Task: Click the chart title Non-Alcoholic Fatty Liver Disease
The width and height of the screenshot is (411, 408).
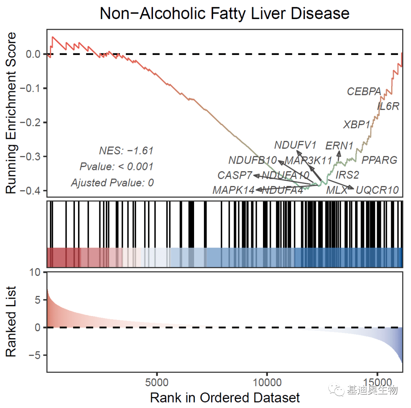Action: tap(225, 14)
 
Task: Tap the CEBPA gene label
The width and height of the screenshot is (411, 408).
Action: tap(364, 92)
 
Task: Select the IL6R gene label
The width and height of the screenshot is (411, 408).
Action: tap(388, 106)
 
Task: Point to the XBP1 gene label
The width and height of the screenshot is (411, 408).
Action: tap(357, 125)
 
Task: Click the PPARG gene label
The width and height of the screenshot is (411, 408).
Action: tap(379, 160)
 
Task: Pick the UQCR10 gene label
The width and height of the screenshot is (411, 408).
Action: tap(377, 190)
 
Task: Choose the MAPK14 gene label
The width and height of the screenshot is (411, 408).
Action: tap(233, 190)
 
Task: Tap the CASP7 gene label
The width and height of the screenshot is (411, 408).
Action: tap(235, 175)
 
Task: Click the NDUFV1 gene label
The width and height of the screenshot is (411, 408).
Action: tap(295, 145)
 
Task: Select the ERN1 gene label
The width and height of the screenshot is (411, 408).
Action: tap(339, 146)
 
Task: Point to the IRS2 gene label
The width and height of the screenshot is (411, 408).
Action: tap(347, 175)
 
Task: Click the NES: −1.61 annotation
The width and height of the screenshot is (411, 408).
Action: tap(126, 151)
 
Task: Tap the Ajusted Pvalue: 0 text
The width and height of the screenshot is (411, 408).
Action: tap(112, 183)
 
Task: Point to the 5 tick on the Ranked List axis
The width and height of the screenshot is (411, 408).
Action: tap(37, 300)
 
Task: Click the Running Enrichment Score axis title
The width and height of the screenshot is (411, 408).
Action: tap(12, 113)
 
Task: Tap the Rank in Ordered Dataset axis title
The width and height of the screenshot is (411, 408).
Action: tap(225, 398)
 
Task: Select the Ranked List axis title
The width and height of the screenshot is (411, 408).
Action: tap(12, 321)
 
